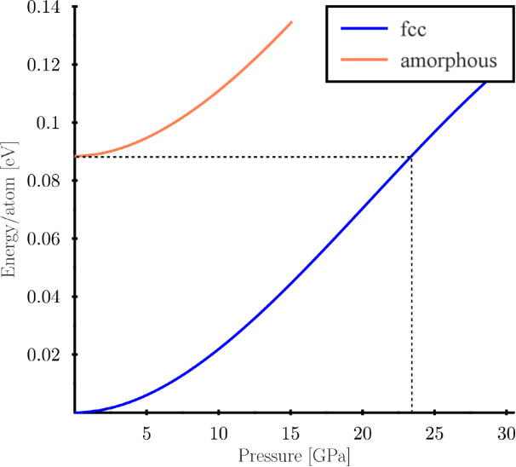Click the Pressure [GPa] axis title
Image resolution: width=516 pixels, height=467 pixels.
tap(295, 455)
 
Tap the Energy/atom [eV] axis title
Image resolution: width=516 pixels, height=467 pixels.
tap(10, 210)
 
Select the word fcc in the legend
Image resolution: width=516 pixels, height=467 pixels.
tap(412, 31)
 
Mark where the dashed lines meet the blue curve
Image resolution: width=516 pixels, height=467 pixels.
tap(412, 157)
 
